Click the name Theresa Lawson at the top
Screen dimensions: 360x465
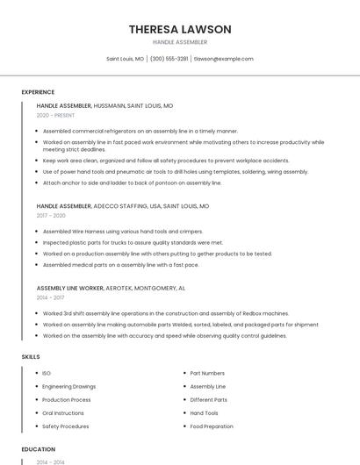click(180, 29)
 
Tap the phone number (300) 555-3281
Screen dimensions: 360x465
click(169, 59)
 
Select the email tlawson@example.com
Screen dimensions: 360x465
click(223, 59)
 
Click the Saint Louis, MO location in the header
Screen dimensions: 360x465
click(126, 59)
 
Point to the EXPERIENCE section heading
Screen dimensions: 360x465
click(38, 92)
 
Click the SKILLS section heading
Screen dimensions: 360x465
click(31, 357)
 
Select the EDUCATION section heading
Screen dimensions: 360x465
click(38, 449)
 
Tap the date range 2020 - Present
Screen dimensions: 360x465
click(55, 115)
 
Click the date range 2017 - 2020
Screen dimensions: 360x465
click(51, 216)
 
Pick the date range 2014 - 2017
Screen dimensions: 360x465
click(51, 297)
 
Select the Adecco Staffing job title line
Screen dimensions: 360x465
click(123, 206)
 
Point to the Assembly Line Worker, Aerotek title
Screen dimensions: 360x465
click(111, 288)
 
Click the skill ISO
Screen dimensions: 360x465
click(47, 373)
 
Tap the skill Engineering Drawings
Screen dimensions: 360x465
click(69, 386)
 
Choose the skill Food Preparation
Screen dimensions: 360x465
click(212, 426)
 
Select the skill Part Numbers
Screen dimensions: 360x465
click(207, 373)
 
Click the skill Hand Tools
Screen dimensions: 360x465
click(204, 413)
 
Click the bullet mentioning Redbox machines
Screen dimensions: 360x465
click(166, 313)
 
